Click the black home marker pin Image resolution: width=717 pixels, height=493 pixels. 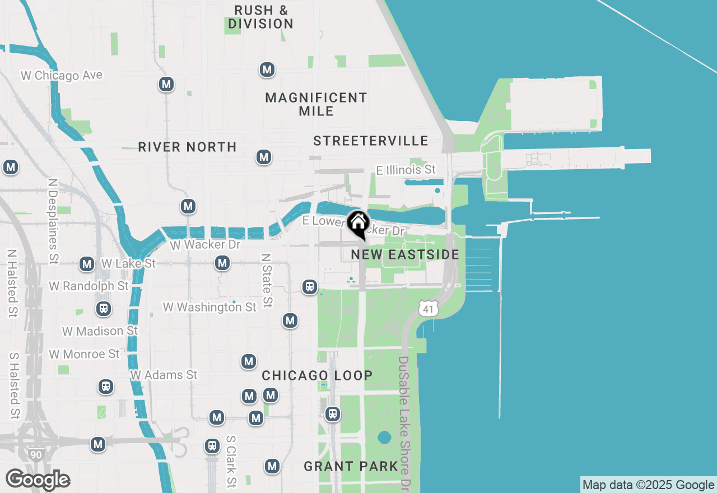(358, 224)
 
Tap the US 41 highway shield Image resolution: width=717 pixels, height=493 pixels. (427, 308)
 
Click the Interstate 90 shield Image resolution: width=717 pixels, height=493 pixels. (36, 454)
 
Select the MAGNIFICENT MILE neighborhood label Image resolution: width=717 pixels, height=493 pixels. (316, 104)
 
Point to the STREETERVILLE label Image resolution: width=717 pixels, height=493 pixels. (371, 141)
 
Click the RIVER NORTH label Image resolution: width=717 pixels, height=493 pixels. (187, 147)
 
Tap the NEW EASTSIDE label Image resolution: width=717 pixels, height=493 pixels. (405, 255)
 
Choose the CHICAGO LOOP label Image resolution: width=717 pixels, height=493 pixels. (317, 375)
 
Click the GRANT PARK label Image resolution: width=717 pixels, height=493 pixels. (351, 466)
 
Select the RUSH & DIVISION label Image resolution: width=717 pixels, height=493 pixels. (261, 17)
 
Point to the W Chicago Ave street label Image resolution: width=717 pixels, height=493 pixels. (62, 75)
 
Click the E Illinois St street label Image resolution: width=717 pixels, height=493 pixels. (406, 169)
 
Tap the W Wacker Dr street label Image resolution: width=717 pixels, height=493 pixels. (204, 245)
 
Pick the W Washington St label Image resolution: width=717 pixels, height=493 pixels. (209, 307)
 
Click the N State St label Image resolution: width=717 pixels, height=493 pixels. (267, 280)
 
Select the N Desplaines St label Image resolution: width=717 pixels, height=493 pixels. (53, 221)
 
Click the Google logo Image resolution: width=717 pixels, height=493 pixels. (38, 480)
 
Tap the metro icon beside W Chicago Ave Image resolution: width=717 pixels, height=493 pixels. (166, 84)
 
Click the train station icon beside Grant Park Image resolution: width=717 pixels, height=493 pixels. (333, 415)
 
